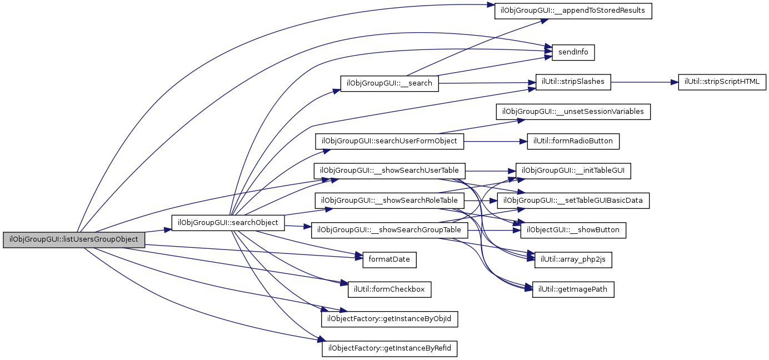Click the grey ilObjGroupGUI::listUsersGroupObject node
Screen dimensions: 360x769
pyautogui.click(x=74, y=239)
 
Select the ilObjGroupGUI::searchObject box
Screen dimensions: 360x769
pyautogui.click(x=228, y=222)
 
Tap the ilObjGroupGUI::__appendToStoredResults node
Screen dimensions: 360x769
pyautogui.click(x=573, y=11)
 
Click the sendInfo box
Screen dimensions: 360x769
pyautogui.click(x=573, y=53)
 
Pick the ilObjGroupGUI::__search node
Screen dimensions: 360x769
pyautogui.click(x=390, y=83)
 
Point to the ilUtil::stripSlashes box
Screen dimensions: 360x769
pyautogui.click(x=573, y=82)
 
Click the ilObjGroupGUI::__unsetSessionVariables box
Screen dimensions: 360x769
pyautogui.click(x=573, y=112)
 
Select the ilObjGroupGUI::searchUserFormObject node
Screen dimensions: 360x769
pyautogui.click(x=390, y=141)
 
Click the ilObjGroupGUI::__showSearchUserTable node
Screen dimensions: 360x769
pyautogui.click(x=390, y=171)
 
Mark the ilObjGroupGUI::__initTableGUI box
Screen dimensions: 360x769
pyautogui.click(x=573, y=171)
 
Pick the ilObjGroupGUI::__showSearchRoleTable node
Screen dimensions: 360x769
pyautogui.click(x=390, y=200)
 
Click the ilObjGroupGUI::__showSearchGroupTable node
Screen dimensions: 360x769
pyautogui.click(x=390, y=230)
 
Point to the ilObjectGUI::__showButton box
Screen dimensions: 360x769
pyautogui.click(x=573, y=230)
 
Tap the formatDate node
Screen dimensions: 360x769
pyautogui.click(x=390, y=259)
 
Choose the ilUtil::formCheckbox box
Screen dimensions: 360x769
pyautogui.click(x=390, y=289)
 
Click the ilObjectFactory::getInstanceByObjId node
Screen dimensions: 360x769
pyautogui.click(x=390, y=319)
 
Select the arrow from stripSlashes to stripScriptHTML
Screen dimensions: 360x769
pyautogui.click(x=645, y=82)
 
